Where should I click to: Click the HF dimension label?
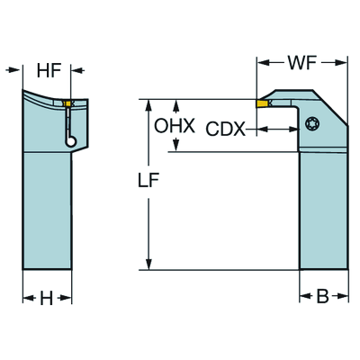tap(49, 71)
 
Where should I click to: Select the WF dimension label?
tap(302, 63)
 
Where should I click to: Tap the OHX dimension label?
tap(175, 126)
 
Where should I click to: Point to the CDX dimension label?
tap(226, 130)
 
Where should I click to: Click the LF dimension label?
tap(148, 180)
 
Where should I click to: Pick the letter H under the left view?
tap(47, 298)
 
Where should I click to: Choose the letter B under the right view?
tap(322, 297)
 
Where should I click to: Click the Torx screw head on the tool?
tap(312, 123)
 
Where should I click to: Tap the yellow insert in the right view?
tap(262, 103)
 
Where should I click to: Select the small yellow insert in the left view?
tap(68, 103)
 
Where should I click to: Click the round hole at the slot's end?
tap(70, 141)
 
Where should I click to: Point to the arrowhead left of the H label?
tap(29, 298)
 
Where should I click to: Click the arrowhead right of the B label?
tap(342, 296)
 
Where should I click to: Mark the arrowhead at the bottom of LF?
tap(148, 264)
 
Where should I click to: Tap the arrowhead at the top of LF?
tap(148, 105)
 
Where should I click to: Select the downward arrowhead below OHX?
tap(176, 146)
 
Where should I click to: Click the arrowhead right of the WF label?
tap(341, 63)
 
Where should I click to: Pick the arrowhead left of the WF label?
tap(263, 63)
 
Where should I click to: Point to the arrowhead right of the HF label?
tap(76, 70)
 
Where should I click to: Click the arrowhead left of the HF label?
tap(13, 70)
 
